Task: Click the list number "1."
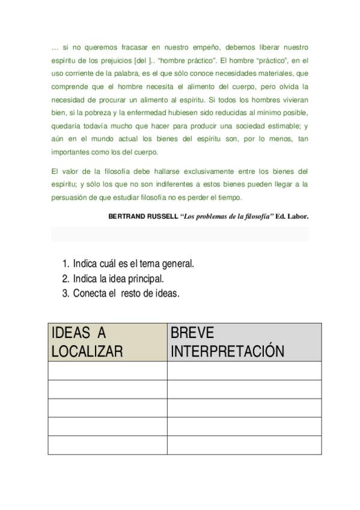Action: [x=66, y=263]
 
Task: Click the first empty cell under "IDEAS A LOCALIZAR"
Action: [x=108, y=370]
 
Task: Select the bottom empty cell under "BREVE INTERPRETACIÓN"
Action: [x=244, y=445]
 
